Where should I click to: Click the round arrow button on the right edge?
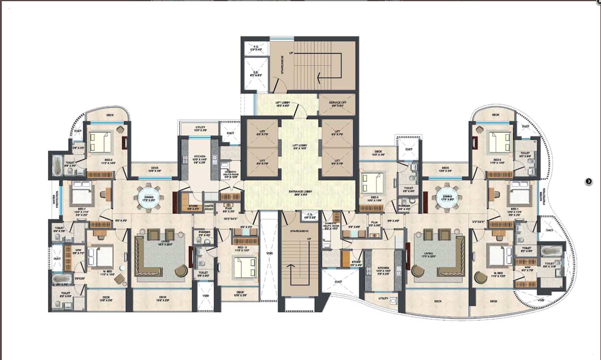click(588, 181)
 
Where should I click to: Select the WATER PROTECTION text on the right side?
click(543, 198)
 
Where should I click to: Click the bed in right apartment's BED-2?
click(496, 142)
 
